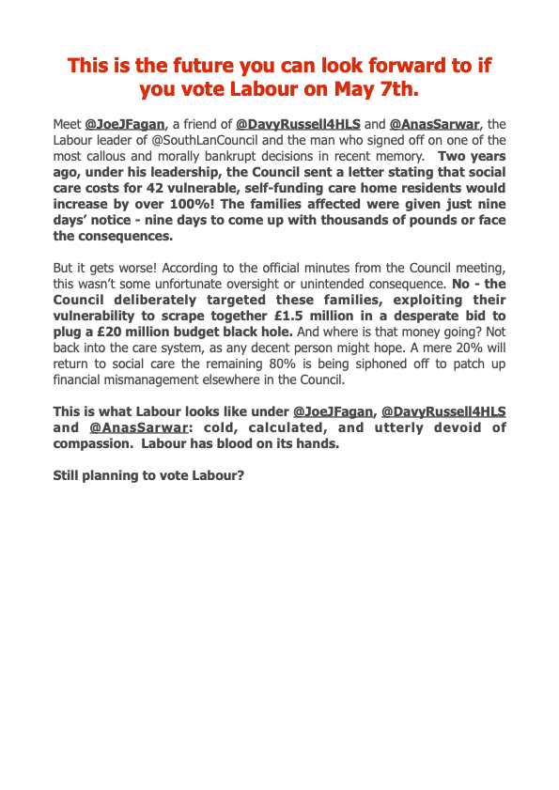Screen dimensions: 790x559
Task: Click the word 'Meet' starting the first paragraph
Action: pos(68,124)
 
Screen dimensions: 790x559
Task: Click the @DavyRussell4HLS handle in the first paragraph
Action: pos(298,124)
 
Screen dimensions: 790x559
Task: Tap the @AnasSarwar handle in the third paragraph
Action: pos(131,427)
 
